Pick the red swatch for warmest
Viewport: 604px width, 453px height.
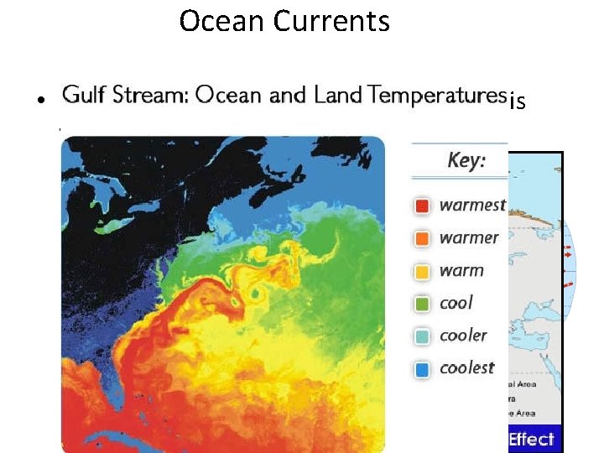tap(424, 205)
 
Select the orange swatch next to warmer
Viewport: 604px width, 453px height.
tap(424, 237)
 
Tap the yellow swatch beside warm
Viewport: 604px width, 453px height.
tap(424, 270)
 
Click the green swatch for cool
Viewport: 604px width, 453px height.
tap(424, 303)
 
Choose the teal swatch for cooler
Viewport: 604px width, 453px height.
tap(424, 336)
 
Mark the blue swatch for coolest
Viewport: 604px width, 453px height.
tap(424, 368)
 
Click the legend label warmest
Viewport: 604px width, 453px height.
tap(472, 205)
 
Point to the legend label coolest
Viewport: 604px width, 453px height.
tap(467, 367)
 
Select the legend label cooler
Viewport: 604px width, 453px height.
tap(463, 335)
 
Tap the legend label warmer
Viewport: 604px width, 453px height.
tap(469, 237)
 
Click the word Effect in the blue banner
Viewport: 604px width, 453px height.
tap(531, 439)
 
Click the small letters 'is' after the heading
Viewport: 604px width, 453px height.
tap(518, 102)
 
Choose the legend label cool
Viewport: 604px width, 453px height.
tap(456, 302)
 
